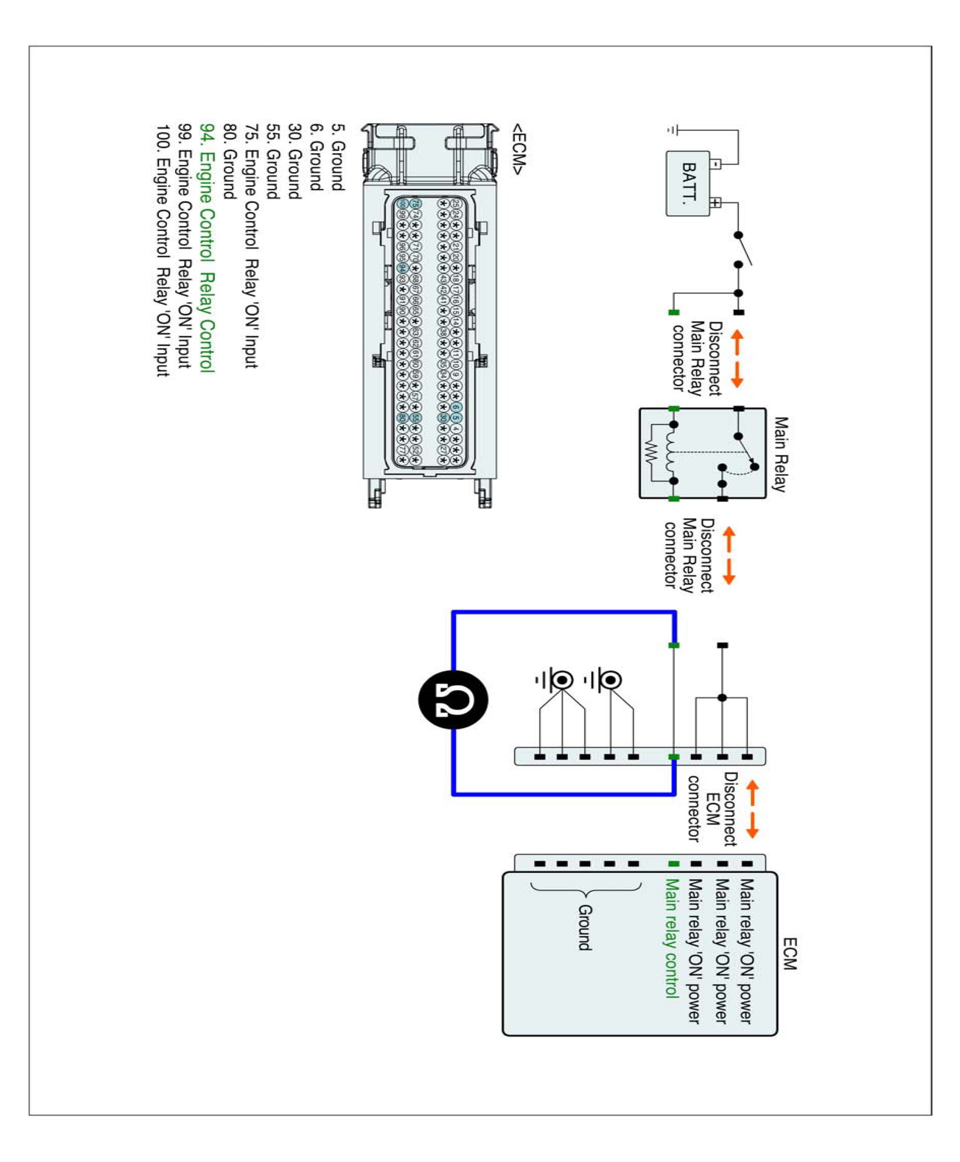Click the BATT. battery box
[x=687, y=183]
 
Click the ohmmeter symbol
[x=453, y=699]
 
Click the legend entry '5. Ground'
[x=338, y=158]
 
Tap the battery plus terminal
[x=715, y=202]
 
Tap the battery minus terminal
[x=715, y=164]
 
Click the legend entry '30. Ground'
[x=295, y=161]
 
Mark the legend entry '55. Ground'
[x=273, y=161]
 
